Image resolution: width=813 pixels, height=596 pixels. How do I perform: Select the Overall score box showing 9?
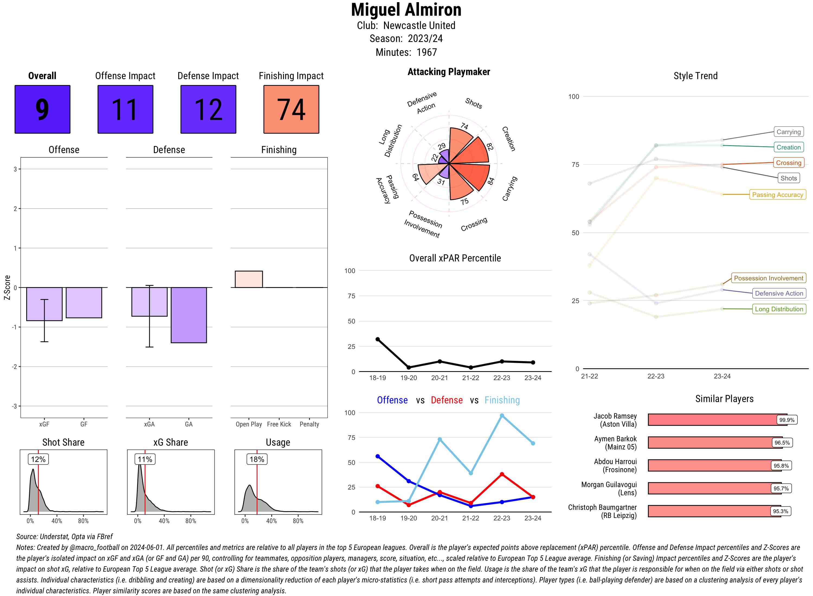[42, 109]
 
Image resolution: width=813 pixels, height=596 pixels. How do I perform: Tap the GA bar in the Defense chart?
[189, 315]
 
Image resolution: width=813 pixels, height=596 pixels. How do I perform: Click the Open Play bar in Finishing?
[249, 279]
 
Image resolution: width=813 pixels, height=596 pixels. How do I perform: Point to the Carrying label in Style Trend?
[788, 132]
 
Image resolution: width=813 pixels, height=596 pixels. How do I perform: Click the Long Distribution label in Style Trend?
[779, 309]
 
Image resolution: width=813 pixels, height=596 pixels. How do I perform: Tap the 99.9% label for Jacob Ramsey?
[787, 420]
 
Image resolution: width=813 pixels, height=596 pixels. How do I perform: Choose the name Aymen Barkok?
[615, 439]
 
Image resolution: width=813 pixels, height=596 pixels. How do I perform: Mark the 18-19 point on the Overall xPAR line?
[378, 339]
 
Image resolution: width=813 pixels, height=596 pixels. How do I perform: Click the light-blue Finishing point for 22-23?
[502, 416]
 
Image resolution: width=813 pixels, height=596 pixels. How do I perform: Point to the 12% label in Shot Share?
[38, 459]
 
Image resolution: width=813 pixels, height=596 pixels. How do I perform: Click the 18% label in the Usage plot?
[257, 459]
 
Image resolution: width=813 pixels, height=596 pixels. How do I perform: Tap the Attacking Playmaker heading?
[449, 72]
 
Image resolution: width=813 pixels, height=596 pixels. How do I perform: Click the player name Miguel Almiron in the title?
[406, 10]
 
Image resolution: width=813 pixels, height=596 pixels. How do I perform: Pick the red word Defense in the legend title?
[446, 400]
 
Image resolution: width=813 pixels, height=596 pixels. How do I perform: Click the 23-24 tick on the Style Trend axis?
[722, 376]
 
